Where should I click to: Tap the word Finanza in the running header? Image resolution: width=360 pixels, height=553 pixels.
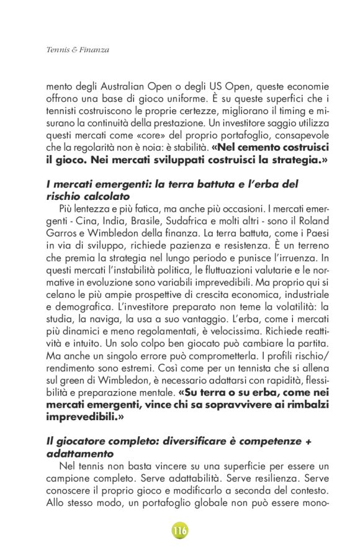point(94,49)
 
